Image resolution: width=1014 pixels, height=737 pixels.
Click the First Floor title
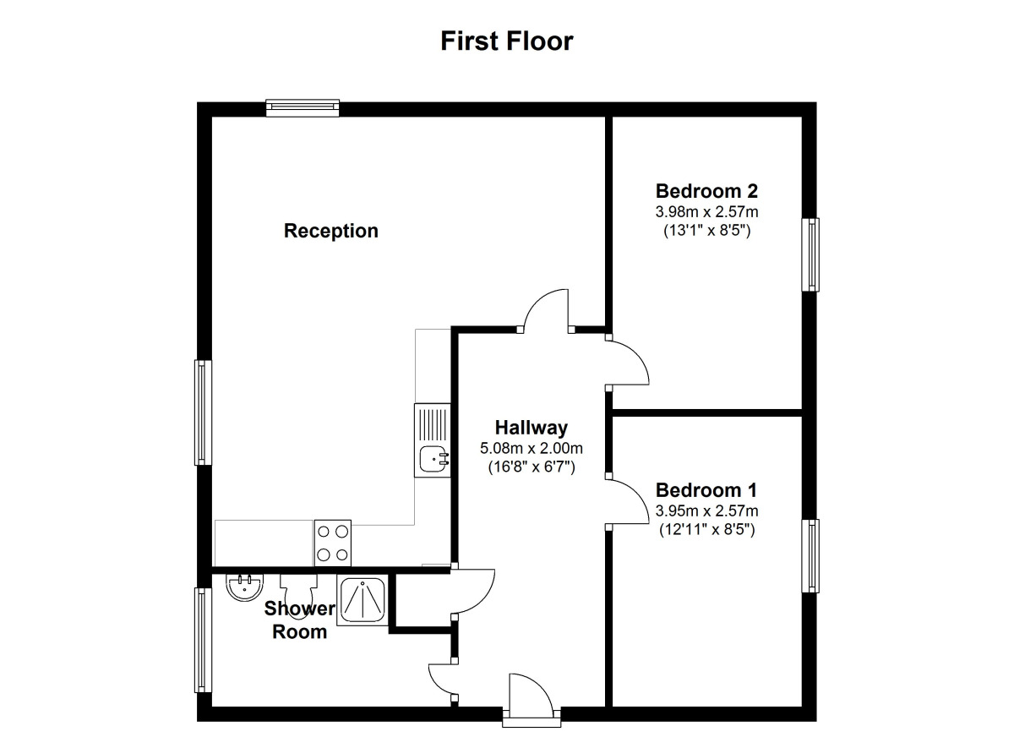coord(506,41)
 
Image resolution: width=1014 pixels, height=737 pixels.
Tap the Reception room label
coord(330,231)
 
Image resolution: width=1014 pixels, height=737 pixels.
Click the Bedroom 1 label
coord(706,490)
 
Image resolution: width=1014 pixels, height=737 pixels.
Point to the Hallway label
coord(531,428)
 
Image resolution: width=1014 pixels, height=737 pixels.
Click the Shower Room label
coord(299,620)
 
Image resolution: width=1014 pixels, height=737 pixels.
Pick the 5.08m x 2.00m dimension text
coord(531,448)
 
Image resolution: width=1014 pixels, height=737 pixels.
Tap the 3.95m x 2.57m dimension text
coord(706,510)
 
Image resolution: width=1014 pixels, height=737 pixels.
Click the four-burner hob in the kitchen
coord(332,542)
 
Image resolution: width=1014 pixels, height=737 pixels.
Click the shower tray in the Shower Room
coord(363,600)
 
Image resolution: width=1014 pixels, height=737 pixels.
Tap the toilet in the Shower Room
coord(296,589)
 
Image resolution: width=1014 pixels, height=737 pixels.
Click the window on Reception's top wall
coord(303,107)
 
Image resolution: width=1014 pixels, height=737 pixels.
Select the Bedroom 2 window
coord(810,254)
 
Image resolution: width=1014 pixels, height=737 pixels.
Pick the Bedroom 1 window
coord(810,555)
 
